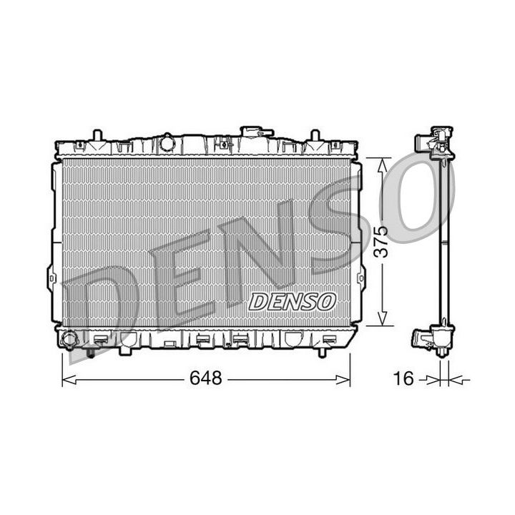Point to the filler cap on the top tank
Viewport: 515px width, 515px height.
[256, 132]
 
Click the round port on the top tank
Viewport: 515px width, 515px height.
[167, 143]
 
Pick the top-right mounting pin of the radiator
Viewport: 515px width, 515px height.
[314, 135]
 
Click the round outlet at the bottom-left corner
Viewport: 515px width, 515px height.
[69, 340]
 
